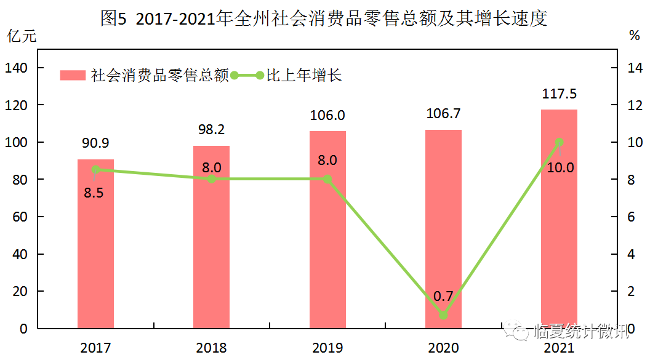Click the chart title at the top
pos(324,18)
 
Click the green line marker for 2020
pos(443,315)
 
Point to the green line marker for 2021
pos(559,142)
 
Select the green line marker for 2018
pos(211,179)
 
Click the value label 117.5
pos(559,94)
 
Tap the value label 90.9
pos(95,143)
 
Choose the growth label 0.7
pos(443,297)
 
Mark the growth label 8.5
pos(94,193)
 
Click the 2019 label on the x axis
pos(327,348)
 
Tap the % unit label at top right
pos(634,36)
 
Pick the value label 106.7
pos(443,114)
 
